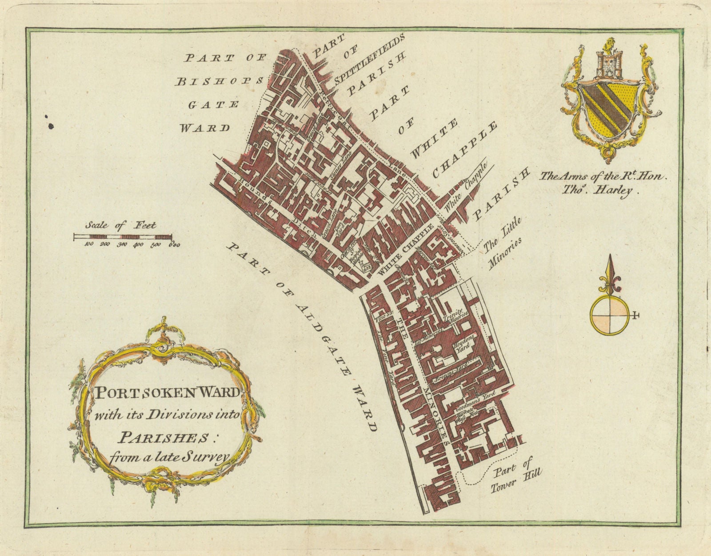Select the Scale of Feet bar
coord(123,237)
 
